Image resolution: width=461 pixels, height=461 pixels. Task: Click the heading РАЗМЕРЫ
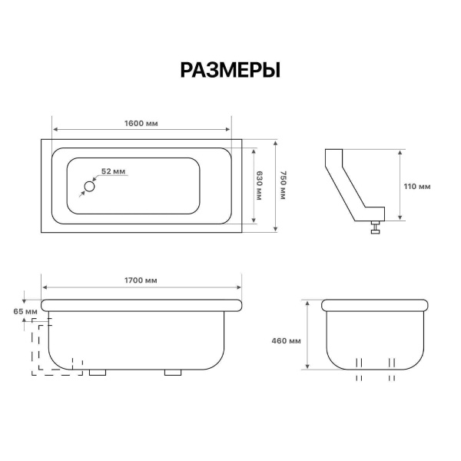pos(230,70)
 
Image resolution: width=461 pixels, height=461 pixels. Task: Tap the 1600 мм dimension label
pos(141,123)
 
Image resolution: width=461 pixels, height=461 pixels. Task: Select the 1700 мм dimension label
pos(141,280)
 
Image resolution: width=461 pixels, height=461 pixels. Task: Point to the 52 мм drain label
pos(113,171)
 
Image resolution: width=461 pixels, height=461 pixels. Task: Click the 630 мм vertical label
pos(259,185)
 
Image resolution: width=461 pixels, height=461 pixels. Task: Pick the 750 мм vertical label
pos(283,185)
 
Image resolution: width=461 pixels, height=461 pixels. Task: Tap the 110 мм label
pos(417,187)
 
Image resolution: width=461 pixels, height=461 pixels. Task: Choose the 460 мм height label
pos(286,340)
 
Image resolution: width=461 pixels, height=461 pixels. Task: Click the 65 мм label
pos(25,311)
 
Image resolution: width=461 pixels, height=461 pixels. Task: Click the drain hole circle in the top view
pos(89,187)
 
